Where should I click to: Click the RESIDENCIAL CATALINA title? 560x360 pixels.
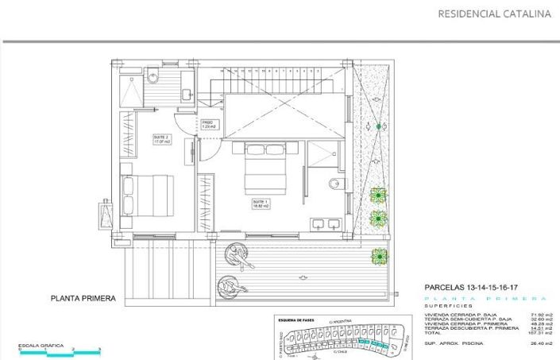(494, 14)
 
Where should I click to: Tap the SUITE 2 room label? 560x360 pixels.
(162, 139)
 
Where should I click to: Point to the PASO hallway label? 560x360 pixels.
(209, 124)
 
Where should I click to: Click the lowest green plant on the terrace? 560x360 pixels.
(380, 256)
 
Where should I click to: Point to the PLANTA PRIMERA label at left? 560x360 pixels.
(83, 299)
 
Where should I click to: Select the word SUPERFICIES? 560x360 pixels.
(450, 305)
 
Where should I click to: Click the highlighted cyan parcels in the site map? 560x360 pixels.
(373, 343)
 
